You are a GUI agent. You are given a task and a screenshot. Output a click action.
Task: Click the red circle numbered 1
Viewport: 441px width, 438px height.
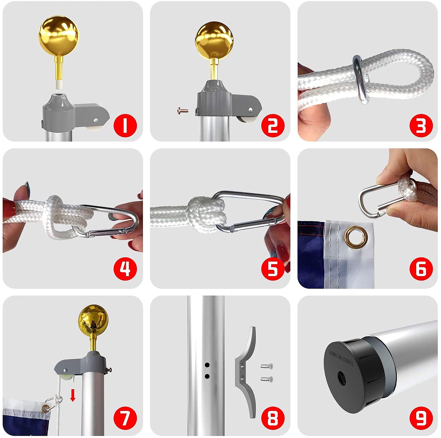click(125, 125)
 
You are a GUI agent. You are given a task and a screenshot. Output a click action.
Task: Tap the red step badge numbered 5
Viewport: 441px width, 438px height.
click(273, 269)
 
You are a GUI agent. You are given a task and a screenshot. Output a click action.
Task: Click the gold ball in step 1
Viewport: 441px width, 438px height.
click(59, 36)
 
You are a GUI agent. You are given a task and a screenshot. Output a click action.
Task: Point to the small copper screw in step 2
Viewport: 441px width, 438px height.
click(183, 111)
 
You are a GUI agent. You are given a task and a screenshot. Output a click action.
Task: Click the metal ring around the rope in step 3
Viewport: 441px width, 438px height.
click(360, 80)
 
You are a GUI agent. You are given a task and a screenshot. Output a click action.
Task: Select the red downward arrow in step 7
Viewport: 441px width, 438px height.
click(73, 395)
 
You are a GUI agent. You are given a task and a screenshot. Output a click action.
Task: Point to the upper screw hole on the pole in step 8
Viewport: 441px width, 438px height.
click(207, 365)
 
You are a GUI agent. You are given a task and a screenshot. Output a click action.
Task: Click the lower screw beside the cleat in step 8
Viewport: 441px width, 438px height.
click(267, 379)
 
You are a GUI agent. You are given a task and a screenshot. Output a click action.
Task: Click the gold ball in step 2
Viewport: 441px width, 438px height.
click(214, 41)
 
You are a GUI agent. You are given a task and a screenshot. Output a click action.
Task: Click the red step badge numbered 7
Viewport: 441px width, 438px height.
click(125, 418)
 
